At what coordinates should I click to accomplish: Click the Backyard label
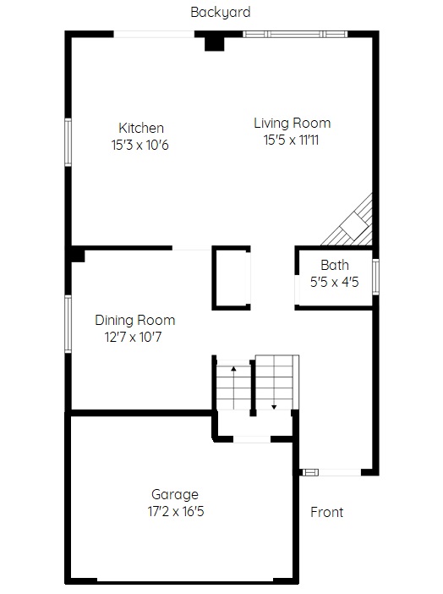click(x=221, y=13)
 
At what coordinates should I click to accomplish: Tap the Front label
click(x=327, y=512)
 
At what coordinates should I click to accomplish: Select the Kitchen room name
click(x=141, y=128)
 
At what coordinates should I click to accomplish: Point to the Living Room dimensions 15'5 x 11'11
click(x=291, y=140)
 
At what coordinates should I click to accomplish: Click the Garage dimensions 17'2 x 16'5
click(x=176, y=511)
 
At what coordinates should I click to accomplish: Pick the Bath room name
click(x=335, y=265)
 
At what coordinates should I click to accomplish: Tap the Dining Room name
click(x=134, y=321)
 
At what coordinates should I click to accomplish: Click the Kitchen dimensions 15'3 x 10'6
click(x=139, y=145)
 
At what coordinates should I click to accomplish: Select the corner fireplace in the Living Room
click(x=350, y=223)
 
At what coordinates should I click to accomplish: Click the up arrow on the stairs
click(x=233, y=388)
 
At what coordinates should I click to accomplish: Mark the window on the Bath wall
click(x=375, y=277)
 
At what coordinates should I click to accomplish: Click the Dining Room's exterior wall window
click(x=68, y=324)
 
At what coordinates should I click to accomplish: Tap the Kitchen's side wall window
click(x=68, y=142)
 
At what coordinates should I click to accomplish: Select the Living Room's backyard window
click(x=295, y=35)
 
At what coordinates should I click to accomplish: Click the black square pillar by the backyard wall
click(x=215, y=43)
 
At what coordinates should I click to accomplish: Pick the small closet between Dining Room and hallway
click(x=231, y=278)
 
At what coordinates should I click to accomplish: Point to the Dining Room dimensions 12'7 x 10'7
click(x=133, y=337)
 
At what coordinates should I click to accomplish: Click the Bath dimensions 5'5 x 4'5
click(x=334, y=283)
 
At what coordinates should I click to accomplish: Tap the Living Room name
click(x=293, y=124)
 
